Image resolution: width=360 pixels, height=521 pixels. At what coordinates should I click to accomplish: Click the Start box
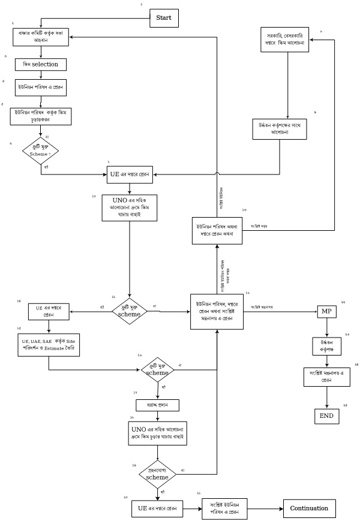(x=164, y=18)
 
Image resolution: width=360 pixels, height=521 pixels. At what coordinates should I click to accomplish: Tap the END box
(x=326, y=415)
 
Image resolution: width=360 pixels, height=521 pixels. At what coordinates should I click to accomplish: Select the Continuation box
(x=309, y=508)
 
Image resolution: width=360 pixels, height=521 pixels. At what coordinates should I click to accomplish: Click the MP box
(x=326, y=312)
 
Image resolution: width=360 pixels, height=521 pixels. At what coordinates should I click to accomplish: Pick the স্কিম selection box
(x=40, y=64)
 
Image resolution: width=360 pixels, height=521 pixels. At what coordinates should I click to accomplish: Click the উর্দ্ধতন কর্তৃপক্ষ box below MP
(x=326, y=347)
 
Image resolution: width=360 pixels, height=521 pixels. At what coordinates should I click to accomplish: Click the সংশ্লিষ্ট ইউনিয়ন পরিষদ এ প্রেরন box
(x=225, y=508)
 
